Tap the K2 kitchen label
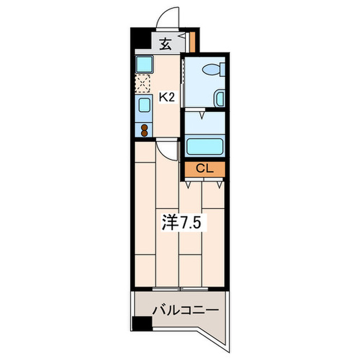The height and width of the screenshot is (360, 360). point(167,98)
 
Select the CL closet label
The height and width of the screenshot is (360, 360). point(205,169)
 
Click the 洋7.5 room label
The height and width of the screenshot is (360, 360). point(182,222)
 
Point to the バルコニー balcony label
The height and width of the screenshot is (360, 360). point(186,311)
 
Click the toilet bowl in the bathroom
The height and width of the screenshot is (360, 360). point(211,69)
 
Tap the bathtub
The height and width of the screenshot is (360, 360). point(205,146)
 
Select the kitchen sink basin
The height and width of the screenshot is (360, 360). point(145,105)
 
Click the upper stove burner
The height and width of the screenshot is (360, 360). point(144,128)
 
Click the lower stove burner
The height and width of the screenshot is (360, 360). point(144,133)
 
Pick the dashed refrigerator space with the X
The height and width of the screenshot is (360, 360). point(142,83)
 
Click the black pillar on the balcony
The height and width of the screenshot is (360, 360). point(142,323)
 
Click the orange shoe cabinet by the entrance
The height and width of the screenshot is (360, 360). point(192,42)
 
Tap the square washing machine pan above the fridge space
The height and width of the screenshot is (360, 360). point(144,64)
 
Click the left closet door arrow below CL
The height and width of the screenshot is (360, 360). point(188,185)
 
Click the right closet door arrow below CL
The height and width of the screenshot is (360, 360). point(220,185)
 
